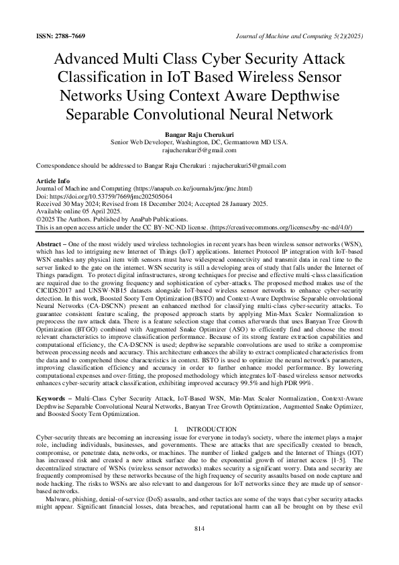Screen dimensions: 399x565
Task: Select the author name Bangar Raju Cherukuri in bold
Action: (x=198, y=135)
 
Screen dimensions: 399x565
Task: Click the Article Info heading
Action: (x=54, y=182)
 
